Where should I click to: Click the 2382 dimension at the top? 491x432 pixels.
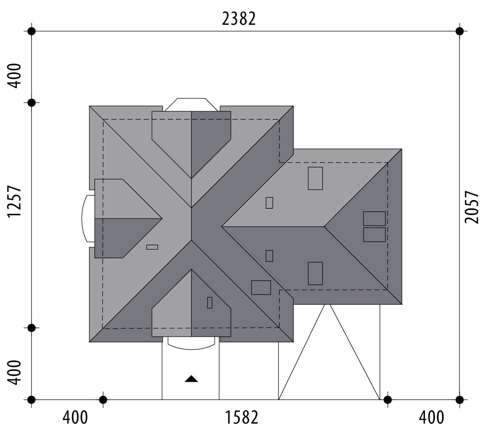pos(239,19)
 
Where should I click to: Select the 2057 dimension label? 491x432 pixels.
pos(472,207)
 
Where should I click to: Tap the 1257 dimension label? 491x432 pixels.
pos(14,201)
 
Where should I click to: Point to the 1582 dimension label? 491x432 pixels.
pos(242,417)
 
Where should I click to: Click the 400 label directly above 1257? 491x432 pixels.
pos(14,76)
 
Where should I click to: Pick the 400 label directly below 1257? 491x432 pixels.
pos(14,373)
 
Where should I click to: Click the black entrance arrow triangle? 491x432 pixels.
pos(191,379)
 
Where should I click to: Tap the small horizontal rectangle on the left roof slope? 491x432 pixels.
pos(152,247)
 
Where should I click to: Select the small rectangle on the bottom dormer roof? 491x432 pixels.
pos(210,303)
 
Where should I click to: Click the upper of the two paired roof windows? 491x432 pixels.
pos(374,219)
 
